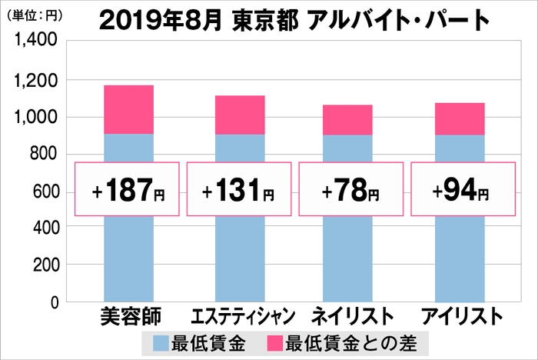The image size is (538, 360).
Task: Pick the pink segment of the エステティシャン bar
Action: coord(239,115)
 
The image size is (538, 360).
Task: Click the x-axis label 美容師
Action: coord(128,317)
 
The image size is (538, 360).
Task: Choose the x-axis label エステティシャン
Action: coord(239,317)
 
